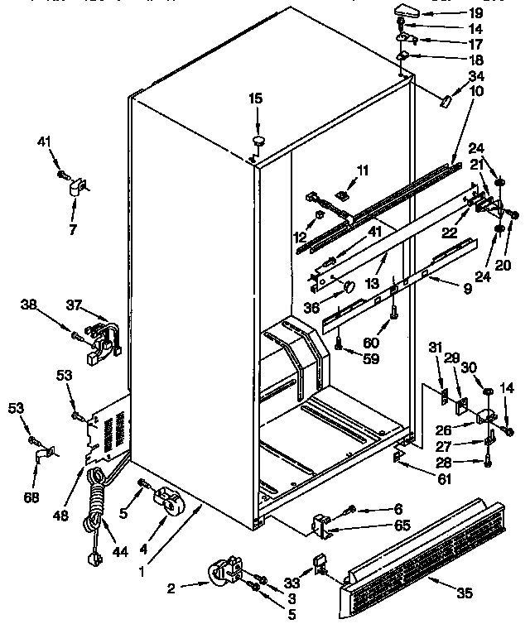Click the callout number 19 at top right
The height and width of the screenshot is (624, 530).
point(499,12)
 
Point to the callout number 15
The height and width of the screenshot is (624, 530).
point(255,99)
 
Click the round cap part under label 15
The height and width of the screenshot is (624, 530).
point(259,141)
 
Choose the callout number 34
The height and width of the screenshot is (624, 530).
point(499,76)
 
